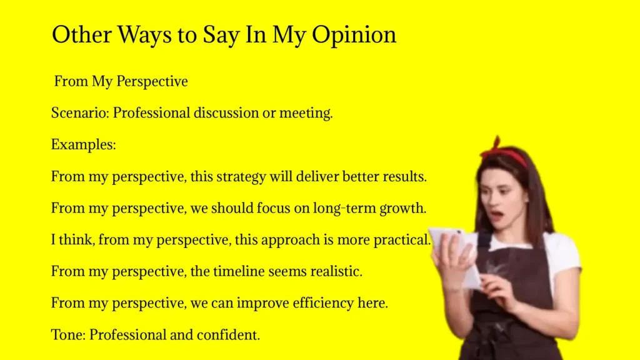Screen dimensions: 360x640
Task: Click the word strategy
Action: (x=241, y=176)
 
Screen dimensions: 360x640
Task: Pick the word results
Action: (x=404, y=176)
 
